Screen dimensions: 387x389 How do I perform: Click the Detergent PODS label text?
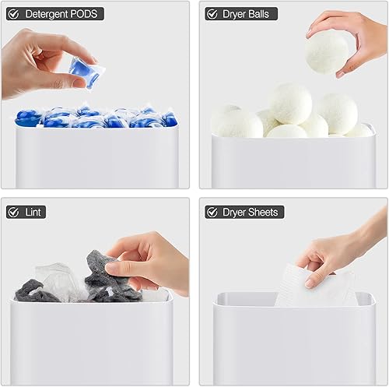pos(62,14)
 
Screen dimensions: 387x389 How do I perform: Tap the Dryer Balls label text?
pos(250,14)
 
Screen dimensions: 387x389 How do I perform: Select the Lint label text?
pos(34,212)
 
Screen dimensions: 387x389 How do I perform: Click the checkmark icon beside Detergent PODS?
pos(13,14)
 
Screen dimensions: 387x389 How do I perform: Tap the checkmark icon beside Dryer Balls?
pos(212,14)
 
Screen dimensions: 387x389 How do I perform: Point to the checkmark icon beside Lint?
pos(13,212)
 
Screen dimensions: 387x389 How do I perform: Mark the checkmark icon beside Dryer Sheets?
pos(212,212)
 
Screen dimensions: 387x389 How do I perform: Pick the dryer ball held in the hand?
pos(327,51)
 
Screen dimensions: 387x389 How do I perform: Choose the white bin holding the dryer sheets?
pos(292,343)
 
